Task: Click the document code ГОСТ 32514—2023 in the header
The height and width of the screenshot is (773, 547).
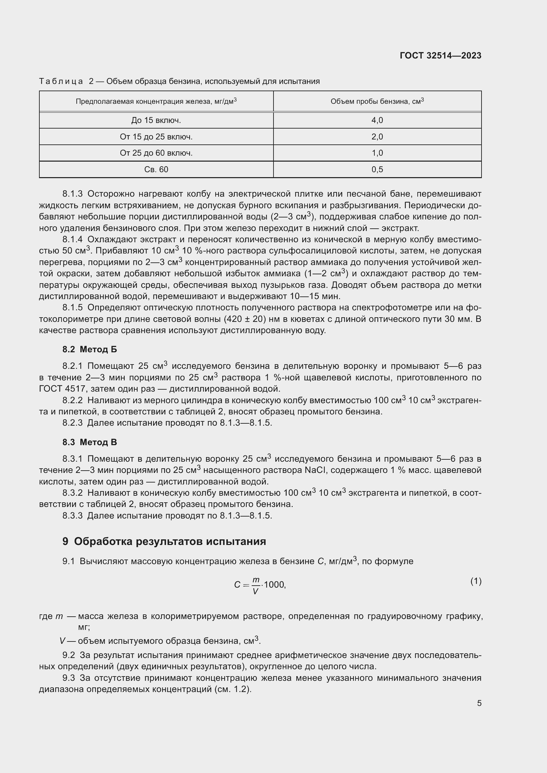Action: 440,56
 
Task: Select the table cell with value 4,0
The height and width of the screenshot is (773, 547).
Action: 377,120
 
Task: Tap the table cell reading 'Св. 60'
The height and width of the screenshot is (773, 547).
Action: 156,169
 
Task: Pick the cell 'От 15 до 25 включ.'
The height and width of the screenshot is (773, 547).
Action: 156,137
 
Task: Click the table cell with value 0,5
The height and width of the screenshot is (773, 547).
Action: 377,169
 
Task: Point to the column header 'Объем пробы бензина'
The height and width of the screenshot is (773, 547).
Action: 377,101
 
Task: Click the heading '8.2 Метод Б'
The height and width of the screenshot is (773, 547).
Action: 90,349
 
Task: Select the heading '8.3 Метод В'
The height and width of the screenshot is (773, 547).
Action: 90,442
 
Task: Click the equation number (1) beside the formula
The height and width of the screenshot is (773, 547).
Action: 476,581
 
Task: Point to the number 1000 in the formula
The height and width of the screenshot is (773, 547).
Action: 274,585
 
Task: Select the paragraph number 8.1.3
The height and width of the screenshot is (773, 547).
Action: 72,194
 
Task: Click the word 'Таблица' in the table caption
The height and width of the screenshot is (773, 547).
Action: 61,81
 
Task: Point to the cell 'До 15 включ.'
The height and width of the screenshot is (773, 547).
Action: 156,120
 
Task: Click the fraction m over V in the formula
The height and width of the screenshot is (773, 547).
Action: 256,585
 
